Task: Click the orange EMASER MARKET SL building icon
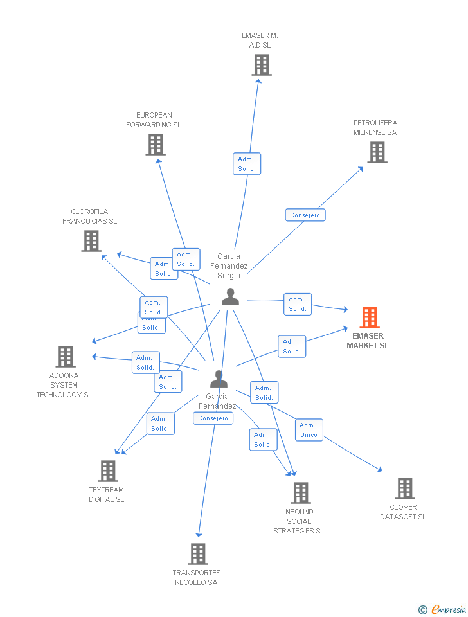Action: [x=369, y=317]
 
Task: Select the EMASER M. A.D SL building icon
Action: [x=261, y=65]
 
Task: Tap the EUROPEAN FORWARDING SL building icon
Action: [x=156, y=145]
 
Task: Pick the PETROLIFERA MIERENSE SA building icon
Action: [x=377, y=152]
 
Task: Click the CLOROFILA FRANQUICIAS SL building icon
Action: [x=91, y=240]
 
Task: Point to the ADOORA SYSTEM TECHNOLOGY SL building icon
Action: [x=66, y=357]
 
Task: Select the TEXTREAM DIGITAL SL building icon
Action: [x=107, y=471]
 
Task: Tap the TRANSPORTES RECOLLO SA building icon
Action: [x=198, y=554]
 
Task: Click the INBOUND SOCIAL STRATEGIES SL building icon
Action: [x=300, y=493]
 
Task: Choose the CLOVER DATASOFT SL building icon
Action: [x=404, y=488]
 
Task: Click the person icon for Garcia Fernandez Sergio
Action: [x=230, y=297]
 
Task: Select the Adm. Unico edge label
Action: [x=309, y=430]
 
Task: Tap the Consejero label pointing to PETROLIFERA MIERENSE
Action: [x=305, y=215]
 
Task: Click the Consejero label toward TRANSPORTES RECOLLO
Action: [x=213, y=418]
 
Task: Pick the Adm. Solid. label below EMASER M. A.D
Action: [x=246, y=164]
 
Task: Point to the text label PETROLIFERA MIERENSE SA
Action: [x=375, y=127]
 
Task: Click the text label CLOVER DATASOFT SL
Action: [x=403, y=512]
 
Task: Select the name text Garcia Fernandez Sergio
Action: [x=229, y=265]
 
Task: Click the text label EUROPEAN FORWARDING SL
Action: [x=154, y=120]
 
